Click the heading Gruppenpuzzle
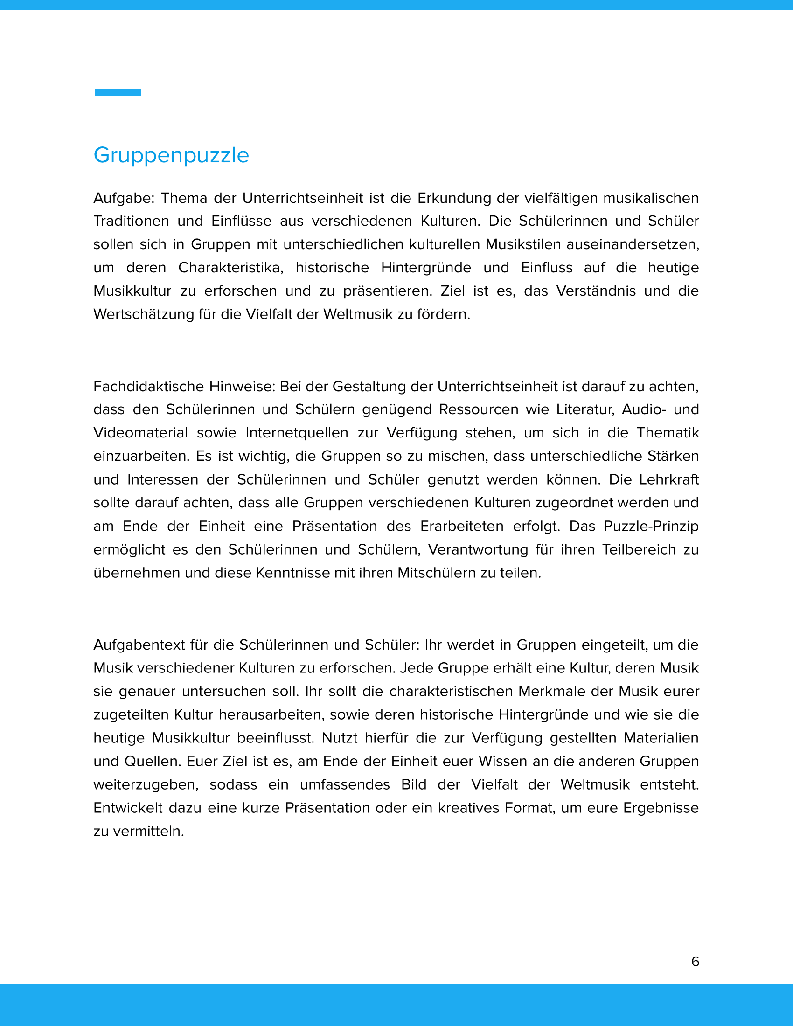[x=171, y=155]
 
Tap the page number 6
[x=696, y=961]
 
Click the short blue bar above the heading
[x=118, y=92]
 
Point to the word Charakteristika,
[x=230, y=268]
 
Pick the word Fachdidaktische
[x=148, y=387]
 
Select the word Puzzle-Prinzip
[x=651, y=526]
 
